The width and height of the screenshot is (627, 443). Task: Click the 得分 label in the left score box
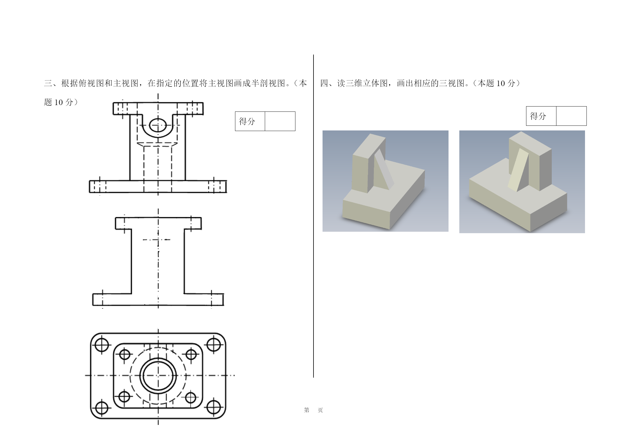tap(247, 121)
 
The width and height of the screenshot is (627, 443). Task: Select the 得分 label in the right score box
tap(538, 116)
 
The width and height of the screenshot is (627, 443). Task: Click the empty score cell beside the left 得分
tap(280, 121)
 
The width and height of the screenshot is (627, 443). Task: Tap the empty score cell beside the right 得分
tap(571, 116)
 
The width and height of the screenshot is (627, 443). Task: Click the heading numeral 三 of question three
tap(48, 83)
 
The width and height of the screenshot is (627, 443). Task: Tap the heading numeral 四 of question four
tap(324, 83)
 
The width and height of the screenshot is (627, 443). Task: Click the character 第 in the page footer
tap(307, 410)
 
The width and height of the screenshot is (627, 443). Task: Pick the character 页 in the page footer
tap(320, 410)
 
